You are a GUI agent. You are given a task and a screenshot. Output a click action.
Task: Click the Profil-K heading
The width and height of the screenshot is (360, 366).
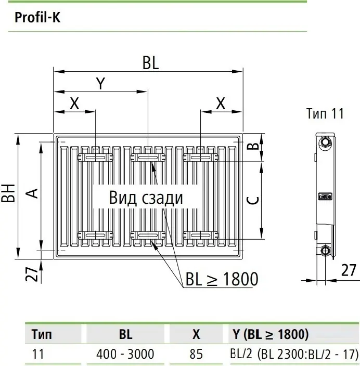pos(37,17)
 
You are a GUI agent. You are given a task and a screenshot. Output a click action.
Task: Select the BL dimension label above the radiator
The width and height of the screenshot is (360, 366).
pos(150,63)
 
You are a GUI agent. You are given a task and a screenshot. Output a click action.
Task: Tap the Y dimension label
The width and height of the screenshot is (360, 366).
pos(101,83)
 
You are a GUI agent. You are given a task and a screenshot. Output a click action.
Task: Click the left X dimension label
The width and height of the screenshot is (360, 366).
pos(74,103)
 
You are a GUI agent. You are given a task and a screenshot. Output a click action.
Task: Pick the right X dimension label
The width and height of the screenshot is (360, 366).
pos(221,103)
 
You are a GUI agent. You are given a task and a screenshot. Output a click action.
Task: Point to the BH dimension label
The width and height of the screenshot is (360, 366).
pos(8,193)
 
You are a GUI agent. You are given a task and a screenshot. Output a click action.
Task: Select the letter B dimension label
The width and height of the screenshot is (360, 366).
pos(253,146)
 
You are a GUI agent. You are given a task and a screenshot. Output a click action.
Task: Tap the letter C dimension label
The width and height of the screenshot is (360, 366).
pos(252,200)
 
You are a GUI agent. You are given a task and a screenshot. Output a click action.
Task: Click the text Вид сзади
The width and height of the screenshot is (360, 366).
pos(146,198)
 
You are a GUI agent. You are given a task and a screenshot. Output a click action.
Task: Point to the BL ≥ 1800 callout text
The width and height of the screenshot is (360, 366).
pos(222,279)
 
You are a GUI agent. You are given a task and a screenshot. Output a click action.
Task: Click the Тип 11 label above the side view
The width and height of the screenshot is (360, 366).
pos(325,113)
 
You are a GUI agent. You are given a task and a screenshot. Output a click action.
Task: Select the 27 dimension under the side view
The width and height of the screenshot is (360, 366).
pos(349,270)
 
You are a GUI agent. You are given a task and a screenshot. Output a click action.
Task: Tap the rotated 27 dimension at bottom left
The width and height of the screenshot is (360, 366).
pos(32,274)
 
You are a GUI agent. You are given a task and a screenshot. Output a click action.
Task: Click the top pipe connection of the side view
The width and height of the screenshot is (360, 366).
pos(325,142)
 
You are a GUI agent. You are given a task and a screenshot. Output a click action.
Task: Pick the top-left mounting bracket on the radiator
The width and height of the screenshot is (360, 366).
pos(95,158)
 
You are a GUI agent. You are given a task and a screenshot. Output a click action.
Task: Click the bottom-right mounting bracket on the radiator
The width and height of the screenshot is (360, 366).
pos(201,236)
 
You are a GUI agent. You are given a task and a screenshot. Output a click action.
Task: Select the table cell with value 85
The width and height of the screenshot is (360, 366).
pos(196,354)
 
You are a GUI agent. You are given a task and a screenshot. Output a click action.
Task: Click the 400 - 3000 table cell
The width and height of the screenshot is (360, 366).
pos(125,354)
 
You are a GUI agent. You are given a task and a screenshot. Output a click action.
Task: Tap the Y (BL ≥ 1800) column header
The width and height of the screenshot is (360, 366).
pos(271,334)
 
